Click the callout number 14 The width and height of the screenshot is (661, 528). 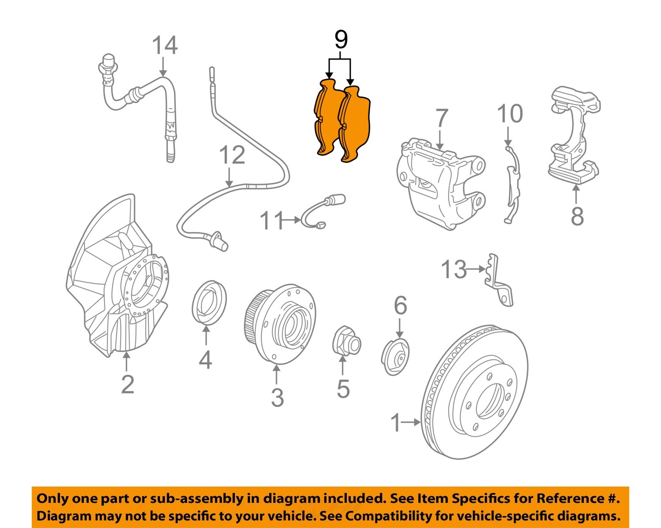(x=165, y=45)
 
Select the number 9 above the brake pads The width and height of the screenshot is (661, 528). (x=341, y=40)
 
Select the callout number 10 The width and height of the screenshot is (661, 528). (x=510, y=114)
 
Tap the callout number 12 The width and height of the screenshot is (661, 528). (x=232, y=155)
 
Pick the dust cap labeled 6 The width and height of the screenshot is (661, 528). (x=395, y=357)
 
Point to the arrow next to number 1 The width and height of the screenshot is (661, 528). (x=412, y=422)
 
